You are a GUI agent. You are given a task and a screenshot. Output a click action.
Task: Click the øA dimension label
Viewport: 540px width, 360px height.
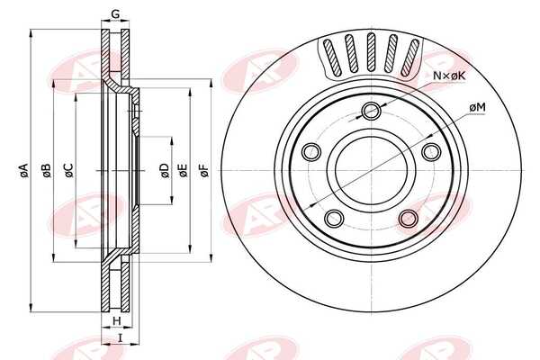pyautogui.click(x=23, y=170)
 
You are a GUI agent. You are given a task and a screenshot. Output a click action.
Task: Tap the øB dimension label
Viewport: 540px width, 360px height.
pyautogui.click(x=47, y=170)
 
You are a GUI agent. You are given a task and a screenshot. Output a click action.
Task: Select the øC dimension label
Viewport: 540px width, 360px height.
pyautogui.click(x=68, y=170)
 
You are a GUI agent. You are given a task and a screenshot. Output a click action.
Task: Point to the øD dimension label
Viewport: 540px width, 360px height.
pyautogui.click(x=165, y=170)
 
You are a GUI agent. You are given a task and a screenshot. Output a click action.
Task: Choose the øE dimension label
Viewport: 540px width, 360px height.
pyautogui.click(x=183, y=170)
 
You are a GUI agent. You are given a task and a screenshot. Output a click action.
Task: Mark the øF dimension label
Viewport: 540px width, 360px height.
pyautogui.click(x=204, y=170)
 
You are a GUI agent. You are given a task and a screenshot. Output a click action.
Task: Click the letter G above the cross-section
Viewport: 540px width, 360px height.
pyautogui.click(x=115, y=14)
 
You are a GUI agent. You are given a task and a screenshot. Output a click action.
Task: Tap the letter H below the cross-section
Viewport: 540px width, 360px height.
pyautogui.click(x=117, y=321)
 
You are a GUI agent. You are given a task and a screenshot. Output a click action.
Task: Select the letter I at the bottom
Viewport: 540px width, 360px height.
pyautogui.click(x=121, y=338)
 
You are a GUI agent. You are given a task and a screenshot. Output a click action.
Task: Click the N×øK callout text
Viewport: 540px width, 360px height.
pyautogui.click(x=449, y=76)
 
